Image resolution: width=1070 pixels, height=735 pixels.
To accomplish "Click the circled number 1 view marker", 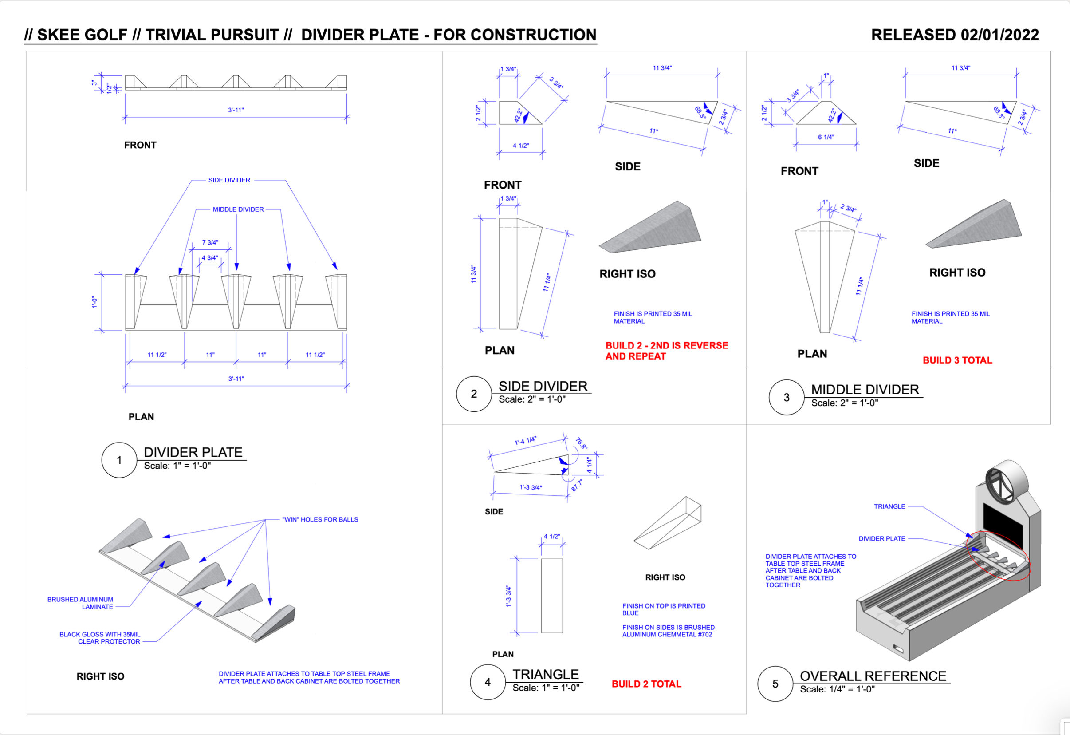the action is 119,460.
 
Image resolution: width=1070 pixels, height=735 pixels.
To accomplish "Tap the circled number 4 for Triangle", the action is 488,682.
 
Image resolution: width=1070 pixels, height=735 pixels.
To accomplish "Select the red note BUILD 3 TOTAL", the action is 957,360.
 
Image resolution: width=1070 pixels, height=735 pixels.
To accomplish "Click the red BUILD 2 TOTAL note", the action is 646,684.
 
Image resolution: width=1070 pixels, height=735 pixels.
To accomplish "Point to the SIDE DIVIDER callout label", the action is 229,180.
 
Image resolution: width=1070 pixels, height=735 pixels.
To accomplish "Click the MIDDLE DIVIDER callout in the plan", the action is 238,209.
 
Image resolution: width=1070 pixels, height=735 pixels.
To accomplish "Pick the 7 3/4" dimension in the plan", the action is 210,242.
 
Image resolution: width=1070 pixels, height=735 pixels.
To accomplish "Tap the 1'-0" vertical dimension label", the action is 94,302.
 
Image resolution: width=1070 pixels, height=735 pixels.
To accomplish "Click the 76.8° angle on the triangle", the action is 582,443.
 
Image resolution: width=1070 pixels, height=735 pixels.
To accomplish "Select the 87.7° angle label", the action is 576,486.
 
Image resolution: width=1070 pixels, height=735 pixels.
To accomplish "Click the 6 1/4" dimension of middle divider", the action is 826,137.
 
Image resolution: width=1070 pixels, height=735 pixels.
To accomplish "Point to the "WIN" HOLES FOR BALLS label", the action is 320,519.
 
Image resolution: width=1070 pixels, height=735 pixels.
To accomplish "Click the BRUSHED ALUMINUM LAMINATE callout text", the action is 80,603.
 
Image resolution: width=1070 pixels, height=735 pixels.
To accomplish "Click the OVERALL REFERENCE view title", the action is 873,676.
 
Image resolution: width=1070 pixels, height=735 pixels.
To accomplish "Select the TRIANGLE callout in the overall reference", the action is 889,506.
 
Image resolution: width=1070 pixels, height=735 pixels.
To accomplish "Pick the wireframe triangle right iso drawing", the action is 668,523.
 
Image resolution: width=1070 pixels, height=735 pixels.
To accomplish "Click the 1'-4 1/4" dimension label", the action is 525,441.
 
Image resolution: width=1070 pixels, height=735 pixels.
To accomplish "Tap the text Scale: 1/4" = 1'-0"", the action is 837,689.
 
